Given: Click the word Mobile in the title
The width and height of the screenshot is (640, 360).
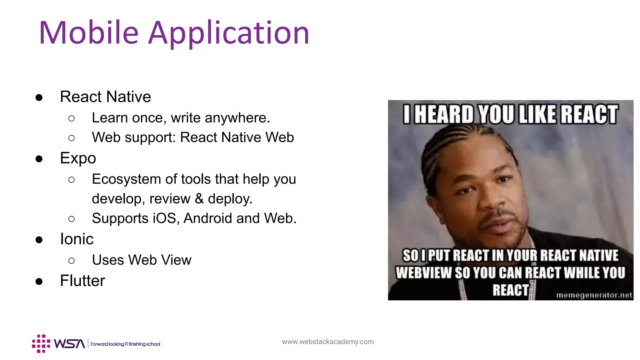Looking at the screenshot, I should [89, 32].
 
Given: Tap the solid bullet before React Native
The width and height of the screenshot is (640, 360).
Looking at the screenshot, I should [39, 97].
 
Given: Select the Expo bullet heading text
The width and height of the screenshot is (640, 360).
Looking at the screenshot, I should [78, 158].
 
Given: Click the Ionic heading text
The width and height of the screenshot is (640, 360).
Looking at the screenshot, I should [77, 239].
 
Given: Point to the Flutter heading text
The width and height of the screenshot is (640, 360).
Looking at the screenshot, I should [82, 281].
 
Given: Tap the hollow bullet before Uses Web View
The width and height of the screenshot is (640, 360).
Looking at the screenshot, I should [72, 260].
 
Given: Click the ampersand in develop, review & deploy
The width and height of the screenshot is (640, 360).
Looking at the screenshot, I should [199, 199].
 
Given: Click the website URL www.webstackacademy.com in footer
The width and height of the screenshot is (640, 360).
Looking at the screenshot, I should [327, 342].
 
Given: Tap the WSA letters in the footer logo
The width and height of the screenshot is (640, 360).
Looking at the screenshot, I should [69, 344].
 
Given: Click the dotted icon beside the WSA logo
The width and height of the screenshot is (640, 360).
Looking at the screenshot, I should [41, 344].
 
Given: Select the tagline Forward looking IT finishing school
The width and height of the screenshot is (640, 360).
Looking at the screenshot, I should [125, 344].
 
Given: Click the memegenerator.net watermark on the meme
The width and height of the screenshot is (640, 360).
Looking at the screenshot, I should [594, 295].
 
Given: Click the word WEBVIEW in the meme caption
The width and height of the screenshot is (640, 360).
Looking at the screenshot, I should [423, 272].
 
